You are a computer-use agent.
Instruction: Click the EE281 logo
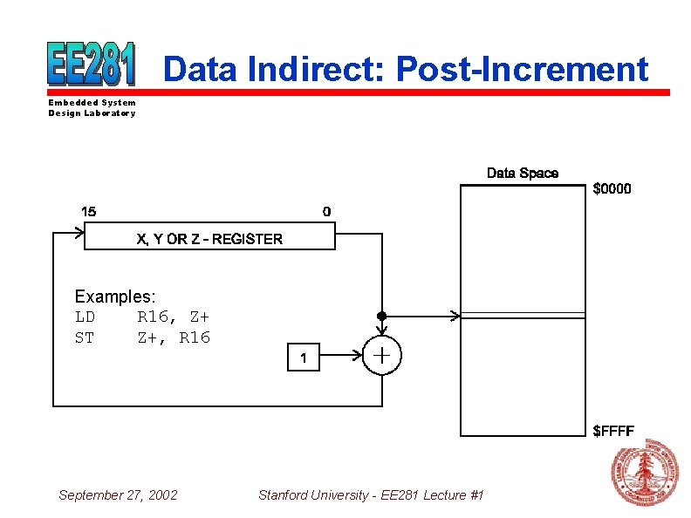(92, 64)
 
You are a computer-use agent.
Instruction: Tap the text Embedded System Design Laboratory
(92, 108)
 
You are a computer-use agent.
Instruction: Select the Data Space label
(522, 174)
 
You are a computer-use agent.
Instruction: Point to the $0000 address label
(612, 188)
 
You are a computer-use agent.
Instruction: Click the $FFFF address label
(613, 429)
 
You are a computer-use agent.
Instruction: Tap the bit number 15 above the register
(89, 212)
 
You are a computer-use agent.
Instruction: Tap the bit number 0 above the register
(326, 212)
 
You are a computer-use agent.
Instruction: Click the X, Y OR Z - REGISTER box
(209, 238)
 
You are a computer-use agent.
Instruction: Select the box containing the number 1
(304, 358)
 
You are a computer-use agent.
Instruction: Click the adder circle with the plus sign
(381, 356)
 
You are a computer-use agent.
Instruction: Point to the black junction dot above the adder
(381, 316)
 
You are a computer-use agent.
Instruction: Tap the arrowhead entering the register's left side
(79, 233)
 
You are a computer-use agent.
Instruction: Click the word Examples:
(115, 297)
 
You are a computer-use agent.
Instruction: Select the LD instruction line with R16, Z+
(142, 317)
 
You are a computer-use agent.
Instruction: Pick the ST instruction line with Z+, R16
(142, 337)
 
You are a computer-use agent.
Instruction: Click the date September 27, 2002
(118, 495)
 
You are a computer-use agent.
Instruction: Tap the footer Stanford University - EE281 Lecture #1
(371, 495)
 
